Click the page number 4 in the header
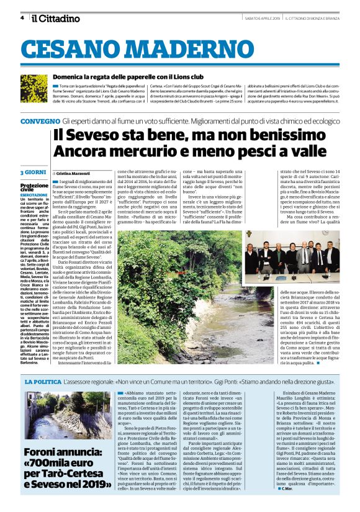22,18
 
